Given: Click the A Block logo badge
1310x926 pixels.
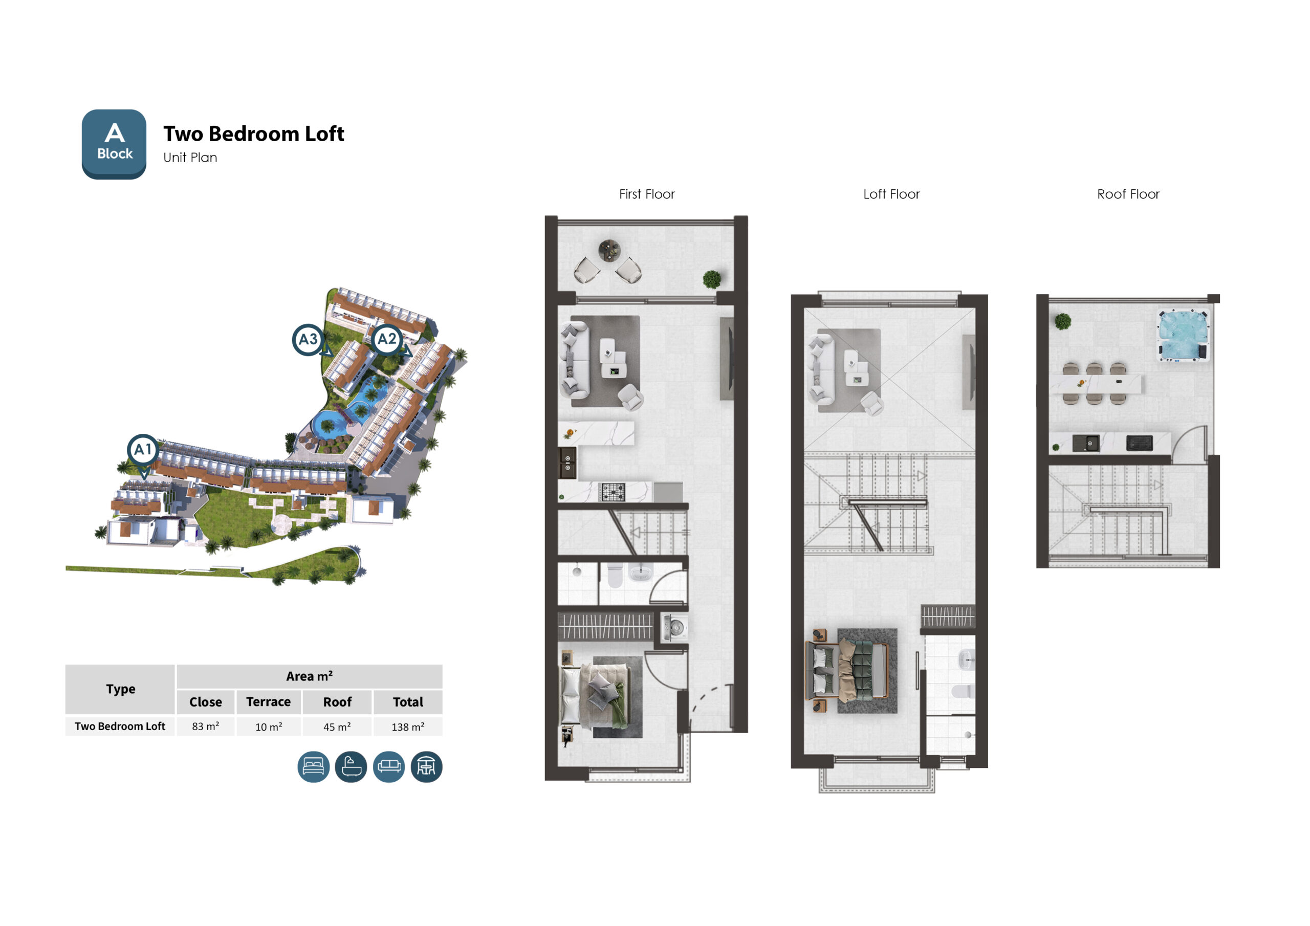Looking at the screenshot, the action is (x=114, y=144).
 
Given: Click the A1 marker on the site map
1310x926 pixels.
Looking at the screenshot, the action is (x=143, y=451).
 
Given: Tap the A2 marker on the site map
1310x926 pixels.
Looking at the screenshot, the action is (x=387, y=340).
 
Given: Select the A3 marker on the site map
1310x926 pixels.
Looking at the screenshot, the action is (x=309, y=340).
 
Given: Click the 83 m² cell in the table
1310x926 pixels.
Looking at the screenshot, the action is (x=205, y=726).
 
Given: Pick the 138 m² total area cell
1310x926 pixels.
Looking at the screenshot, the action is (x=408, y=726).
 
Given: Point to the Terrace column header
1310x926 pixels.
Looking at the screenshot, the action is (x=268, y=702).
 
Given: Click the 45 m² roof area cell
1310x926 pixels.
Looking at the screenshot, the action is (x=337, y=726).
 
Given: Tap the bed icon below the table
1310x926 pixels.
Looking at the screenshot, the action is (x=314, y=766).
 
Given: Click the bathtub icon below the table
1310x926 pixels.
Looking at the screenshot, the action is (x=351, y=766).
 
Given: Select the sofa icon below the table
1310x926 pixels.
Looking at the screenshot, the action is (x=389, y=766).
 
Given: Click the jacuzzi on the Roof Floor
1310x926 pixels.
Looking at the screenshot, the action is (x=1183, y=335).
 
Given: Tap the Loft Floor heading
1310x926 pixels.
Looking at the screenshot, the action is (x=891, y=194).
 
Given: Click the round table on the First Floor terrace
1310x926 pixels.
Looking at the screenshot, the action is (x=609, y=250).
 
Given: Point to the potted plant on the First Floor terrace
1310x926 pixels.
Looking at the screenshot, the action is (x=712, y=279).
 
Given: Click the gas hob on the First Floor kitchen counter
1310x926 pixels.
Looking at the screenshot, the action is (x=613, y=491).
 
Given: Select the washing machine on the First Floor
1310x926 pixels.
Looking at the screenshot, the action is (x=675, y=628).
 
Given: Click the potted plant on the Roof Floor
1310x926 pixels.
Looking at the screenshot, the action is (x=1062, y=321).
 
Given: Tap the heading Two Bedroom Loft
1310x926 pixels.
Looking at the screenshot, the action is (x=254, y=134).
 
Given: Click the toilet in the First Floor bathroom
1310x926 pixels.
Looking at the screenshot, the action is (x=615, y=576).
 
